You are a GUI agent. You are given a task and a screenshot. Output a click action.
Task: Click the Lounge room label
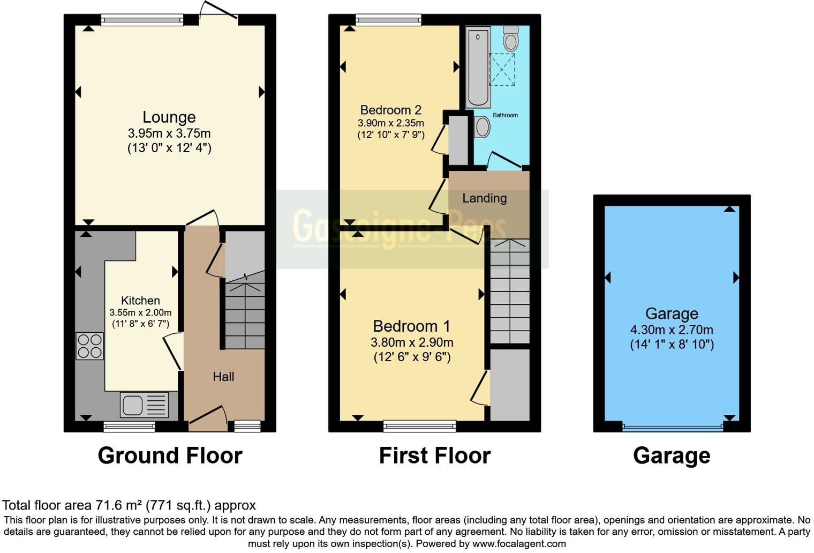click(169, 117)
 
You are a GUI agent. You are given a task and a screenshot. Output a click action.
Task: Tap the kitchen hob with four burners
click(89, 346)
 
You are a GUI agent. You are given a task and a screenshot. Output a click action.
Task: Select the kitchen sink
click(144, 405)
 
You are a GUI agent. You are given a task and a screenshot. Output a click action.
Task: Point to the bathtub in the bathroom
click(478, 67)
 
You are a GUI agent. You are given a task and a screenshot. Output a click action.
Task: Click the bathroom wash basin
click(482, 127)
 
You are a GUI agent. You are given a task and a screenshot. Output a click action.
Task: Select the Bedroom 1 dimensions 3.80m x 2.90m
click(412, 342)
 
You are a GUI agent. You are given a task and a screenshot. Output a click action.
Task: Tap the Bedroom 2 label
click(390, 110)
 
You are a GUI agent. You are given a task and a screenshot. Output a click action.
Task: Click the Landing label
click(484, 198)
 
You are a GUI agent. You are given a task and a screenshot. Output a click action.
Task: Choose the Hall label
click(223, 377)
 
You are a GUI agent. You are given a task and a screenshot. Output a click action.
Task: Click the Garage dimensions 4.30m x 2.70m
click(672, 330)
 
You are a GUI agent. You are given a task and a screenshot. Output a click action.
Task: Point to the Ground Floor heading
click(170, 455)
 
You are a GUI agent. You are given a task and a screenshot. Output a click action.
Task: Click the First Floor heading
click(434, 455)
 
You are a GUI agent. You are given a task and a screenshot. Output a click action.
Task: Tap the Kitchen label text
click(140, 301)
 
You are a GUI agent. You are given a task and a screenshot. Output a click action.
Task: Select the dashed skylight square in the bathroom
click(502, 69)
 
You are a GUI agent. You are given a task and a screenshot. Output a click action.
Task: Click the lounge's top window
click(142, 20)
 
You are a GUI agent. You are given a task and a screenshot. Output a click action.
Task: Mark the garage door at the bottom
click(672, 427)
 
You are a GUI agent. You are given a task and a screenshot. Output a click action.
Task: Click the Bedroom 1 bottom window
click(419, 427)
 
